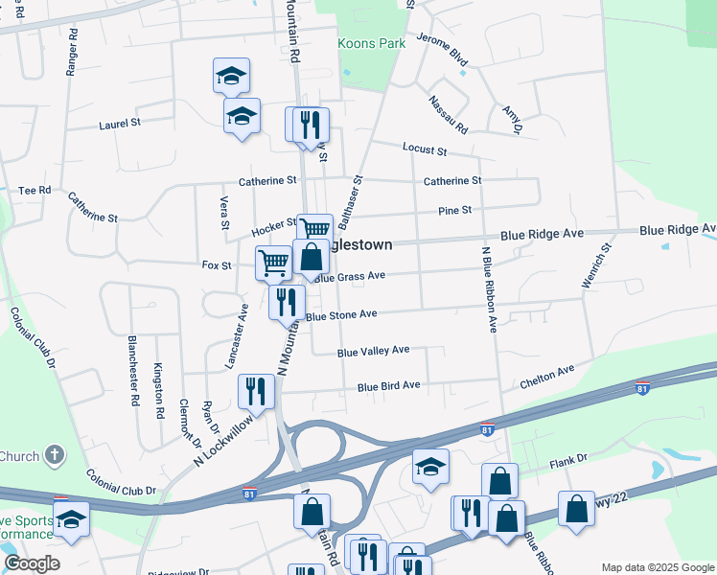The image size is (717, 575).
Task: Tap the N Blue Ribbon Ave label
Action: coord(489,288)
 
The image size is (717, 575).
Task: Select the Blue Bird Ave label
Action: coord(389,386)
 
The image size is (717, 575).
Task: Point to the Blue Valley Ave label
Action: coord(374,351)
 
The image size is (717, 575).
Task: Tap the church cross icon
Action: coord(56,454)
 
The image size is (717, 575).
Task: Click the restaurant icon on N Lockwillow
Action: coord(256,389)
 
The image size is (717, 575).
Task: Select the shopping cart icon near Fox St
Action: coord(274,261)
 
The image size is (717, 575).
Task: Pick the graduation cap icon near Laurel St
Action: coord(242,115)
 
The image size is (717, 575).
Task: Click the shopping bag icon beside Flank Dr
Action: coord(498,479)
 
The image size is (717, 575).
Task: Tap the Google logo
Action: coord(32,563)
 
